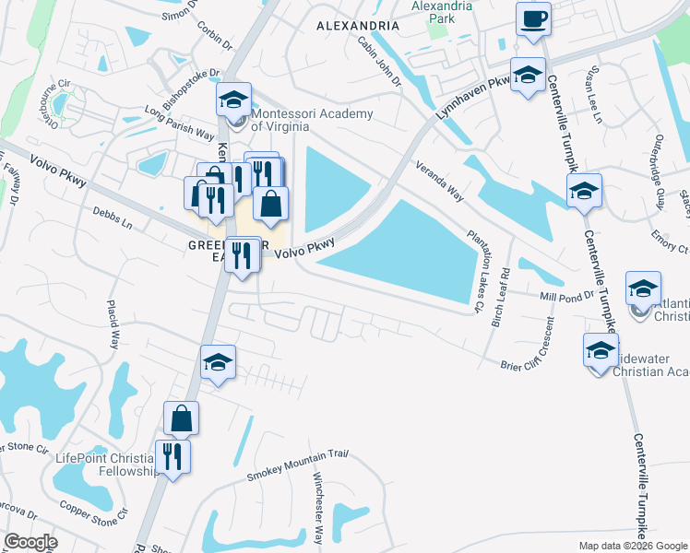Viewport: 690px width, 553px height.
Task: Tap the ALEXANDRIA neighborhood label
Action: [x=354, y=26]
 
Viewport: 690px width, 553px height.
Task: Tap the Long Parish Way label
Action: [x=179, y=123]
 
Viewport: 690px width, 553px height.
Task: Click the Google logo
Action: [x=30, y=541]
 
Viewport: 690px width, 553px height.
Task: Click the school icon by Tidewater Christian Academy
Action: [x=601, y=351]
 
